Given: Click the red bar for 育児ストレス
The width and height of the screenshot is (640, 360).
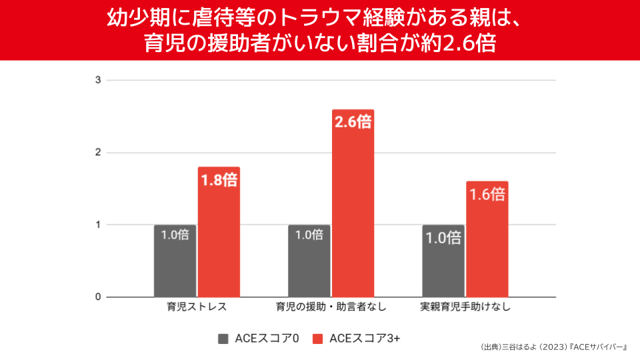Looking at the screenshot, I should (219, 240).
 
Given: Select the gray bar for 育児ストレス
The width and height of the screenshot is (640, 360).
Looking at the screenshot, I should (175, 267).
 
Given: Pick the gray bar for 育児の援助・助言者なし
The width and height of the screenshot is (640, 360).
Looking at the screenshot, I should (309, 267).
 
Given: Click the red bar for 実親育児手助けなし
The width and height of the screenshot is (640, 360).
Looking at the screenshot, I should (487, 247).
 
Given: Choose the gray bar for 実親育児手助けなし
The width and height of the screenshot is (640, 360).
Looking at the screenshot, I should (443, 267).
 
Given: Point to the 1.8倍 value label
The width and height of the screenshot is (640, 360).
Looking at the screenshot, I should (219, 180).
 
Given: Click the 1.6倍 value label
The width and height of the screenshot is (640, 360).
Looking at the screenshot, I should (487, 195).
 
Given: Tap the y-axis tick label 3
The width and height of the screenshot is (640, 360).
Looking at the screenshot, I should (98, 80).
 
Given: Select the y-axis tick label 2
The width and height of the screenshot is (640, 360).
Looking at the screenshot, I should (98, 153).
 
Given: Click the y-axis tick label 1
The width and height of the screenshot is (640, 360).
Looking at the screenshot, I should (98, 225).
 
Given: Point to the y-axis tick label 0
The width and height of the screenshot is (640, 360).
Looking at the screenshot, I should (98, 297).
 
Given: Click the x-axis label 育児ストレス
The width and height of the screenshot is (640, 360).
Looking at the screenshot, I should (197, 308).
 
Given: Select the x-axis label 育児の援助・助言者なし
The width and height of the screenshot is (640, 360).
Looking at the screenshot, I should (331, 308).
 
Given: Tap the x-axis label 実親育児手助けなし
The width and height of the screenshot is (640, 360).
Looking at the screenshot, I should (465, 308).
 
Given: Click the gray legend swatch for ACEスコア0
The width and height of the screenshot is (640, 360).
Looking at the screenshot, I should (223, 338).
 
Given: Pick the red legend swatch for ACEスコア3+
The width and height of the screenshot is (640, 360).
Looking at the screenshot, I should (318, 338).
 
